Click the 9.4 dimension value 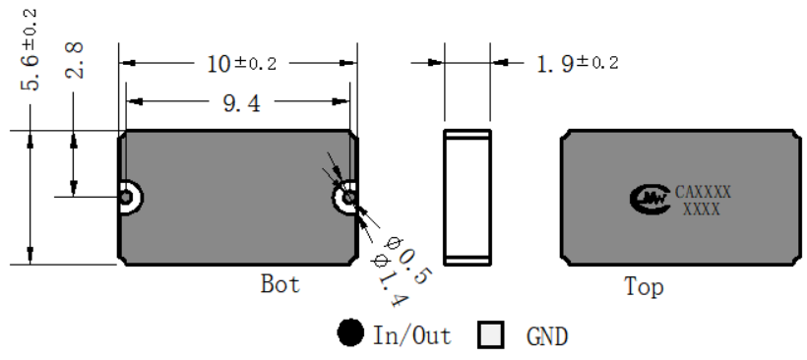point(242,104)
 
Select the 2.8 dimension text point(75,60)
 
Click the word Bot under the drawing point(279,284)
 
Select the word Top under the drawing point(644,286)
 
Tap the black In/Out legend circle point(350,332)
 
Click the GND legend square point(490,335)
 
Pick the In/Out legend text point(411,335)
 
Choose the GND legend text point(547,336)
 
